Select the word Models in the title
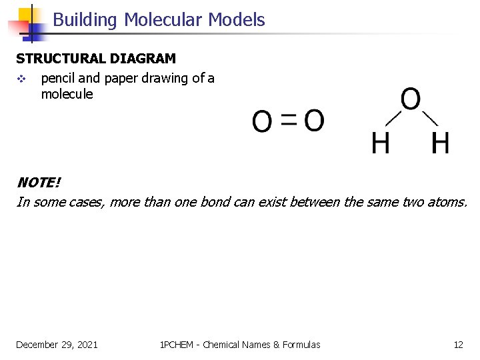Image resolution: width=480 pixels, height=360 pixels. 236,20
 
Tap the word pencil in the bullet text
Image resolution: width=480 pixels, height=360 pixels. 57,79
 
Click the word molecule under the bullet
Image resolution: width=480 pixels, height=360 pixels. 67,94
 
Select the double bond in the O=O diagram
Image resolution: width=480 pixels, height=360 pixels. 289,120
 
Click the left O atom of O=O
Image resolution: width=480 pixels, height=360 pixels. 263,122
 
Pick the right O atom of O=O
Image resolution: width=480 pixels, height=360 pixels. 314,121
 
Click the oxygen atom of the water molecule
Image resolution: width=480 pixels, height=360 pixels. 411,101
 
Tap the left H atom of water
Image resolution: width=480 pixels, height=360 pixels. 381,143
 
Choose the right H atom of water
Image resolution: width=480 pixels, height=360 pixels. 440,143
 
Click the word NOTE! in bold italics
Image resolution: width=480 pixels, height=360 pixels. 38,183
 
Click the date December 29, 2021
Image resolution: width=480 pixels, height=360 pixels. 57,345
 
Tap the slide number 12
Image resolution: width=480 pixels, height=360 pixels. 458,345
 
